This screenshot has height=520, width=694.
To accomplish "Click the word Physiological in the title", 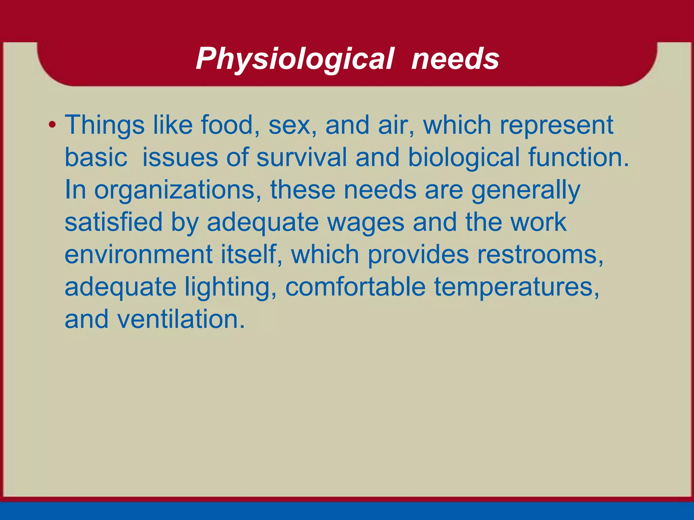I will (295, 59).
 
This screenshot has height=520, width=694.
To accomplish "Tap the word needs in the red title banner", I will (455, 59).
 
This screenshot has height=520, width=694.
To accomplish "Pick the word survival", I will (301, 157).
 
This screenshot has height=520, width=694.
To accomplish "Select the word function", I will (578, 157).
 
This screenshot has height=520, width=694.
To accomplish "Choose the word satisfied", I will (114, 222).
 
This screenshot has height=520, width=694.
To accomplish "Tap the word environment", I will (139, 255).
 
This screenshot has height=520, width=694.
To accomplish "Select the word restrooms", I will (540, 255).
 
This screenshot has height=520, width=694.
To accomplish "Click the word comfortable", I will (355, 287).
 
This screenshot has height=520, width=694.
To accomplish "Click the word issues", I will (180, 157).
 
